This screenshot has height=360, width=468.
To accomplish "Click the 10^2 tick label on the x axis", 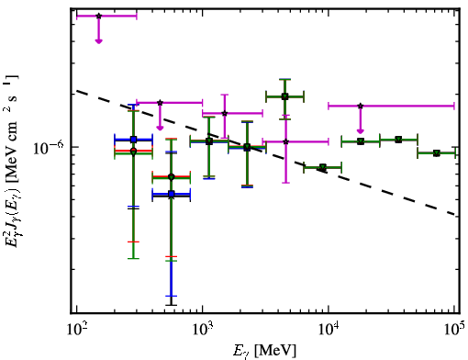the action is pyautogui.click(x=77, y=329).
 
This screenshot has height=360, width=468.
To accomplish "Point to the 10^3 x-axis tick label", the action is pyautogui.click(x=203, y=329).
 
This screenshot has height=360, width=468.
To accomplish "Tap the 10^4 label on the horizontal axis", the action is pyautogui.click(x=329, y=329).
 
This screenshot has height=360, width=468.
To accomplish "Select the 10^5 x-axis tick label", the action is pyautogui.click(x=454, y=329).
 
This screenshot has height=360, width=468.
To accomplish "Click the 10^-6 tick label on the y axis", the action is pyautogui.click(x=49, y=148).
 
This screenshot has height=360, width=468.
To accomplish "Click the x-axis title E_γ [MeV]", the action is pyautogui.click(x=265, y=351).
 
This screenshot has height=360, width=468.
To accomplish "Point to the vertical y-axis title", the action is pyautogui.click(x=12, y=162).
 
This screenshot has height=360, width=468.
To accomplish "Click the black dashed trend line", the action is pyautogui.click(x=266, y=152).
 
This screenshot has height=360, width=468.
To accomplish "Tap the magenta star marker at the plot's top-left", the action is pyautogui.click(x=98, y=16).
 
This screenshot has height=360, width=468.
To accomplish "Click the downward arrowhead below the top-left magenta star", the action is pyautogui.click(x=98, y=41).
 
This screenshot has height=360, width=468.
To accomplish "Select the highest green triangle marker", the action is pyautogui.click(x=284, y=97).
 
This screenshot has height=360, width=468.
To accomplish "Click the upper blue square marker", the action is pyautogui.click(x=133, y=140).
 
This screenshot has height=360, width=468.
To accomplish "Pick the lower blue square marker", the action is pyautogui.click(x=172, y=194).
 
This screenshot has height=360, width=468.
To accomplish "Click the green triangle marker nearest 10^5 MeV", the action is pyautogui.click(x=437, y=153).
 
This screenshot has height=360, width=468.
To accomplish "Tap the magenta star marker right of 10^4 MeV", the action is pyautogui.click(x=361, y=106).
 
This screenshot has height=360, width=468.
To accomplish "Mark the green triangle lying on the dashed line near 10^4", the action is pyautogui.click(x=323, y=167).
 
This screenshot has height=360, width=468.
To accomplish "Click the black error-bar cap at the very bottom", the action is pyautogui.click(x=172, y=305).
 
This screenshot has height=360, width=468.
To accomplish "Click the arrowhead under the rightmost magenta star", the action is pyautogui.click(x=361, y=131).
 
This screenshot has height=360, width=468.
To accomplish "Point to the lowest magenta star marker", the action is pyautogui.click(x=286, y=141).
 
